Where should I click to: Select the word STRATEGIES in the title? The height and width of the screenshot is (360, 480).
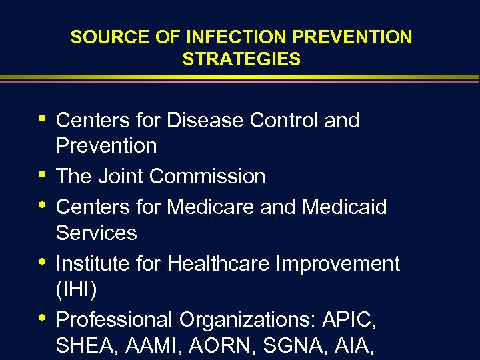[x=241, y=59]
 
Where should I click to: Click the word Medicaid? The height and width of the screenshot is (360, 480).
[x=344, y=207]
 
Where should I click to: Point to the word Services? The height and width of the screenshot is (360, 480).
[x=96, y=233]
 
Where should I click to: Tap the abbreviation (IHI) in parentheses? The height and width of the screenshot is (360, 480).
[x=76, y=289]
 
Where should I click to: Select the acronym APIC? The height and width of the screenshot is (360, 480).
[x=349, y=320]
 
